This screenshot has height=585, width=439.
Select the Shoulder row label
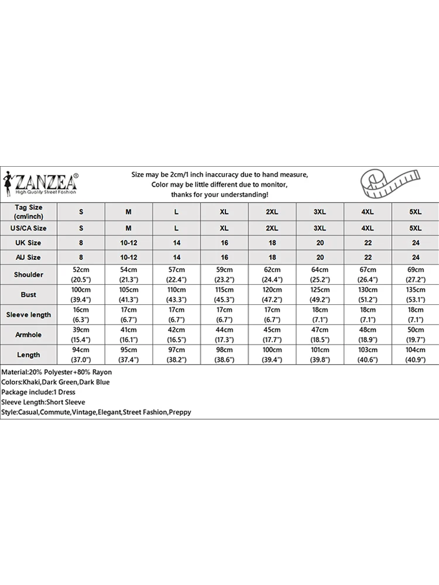click(x=29, y=275)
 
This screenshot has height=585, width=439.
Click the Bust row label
click(x=29, y=294)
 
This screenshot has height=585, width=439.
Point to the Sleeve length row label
click(x=29, y=315)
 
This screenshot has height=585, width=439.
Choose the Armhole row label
click(x=29, y=335)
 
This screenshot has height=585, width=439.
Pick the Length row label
click(x=29, y=355)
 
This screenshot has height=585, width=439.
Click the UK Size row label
click(x=29, y=242)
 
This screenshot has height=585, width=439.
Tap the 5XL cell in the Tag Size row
click(x=415, y=212)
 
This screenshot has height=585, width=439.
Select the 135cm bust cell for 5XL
click(x=415, y=294)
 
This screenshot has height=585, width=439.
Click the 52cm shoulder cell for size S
click(x=81, y=274)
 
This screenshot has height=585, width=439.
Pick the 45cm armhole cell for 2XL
click(x=272, y=335)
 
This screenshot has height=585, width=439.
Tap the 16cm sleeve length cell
click(x=81, y=315)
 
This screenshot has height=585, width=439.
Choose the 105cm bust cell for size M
click(x=128, y=294)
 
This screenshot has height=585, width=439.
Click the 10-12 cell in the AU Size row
click(x=128, y=257)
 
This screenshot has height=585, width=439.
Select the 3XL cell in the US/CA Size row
click(x=320, y=228)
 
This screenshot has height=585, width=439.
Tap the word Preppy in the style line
click(x=180, y=412)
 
